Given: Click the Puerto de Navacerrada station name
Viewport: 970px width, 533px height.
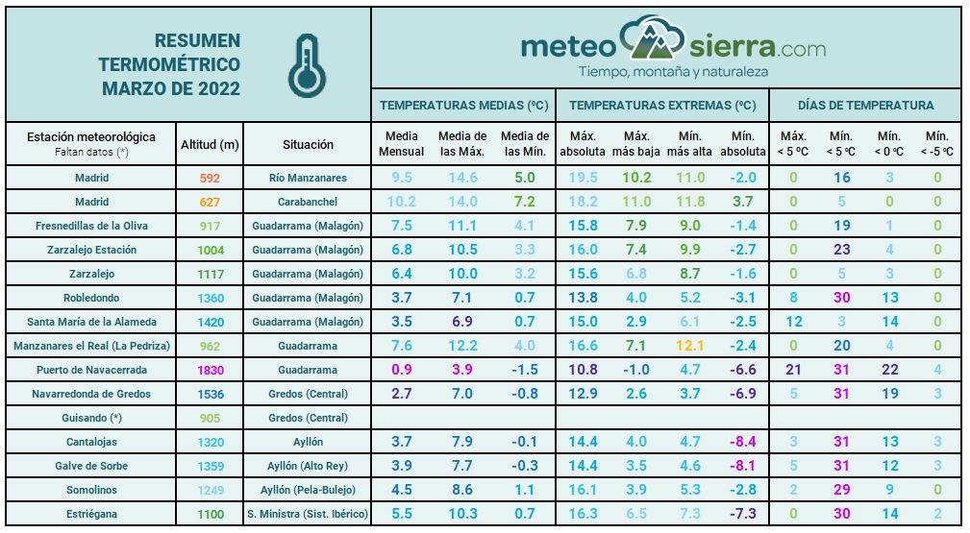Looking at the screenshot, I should point(92,370).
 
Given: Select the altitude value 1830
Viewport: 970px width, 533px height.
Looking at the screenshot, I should point(211,370).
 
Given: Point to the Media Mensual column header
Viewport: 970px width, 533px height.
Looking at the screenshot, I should point(401,144).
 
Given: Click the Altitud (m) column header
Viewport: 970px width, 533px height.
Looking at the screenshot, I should point(211,145).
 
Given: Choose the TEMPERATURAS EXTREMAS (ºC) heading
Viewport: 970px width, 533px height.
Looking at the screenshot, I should point(662,105).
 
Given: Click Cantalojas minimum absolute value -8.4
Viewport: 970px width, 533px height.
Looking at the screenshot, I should point(742,442).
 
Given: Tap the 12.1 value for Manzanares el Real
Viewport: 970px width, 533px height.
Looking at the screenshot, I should point(690,346).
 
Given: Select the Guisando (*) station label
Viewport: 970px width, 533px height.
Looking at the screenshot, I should point(92,418).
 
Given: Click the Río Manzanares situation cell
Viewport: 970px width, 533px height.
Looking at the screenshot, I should point(308,178).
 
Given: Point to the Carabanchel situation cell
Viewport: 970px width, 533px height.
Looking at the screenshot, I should point(308,202).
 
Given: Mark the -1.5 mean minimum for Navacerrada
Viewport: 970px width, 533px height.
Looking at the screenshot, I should point(525,370).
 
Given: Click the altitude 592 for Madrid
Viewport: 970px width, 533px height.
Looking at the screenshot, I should point(211,178).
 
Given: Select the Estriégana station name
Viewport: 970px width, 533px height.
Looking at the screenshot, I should point(92,514).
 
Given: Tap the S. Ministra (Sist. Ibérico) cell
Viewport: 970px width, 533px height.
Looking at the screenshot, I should point(308,514).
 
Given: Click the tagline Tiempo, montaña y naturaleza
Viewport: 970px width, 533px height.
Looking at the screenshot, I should point(673,72).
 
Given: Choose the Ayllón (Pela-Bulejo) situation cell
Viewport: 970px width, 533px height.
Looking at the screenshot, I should point(308,490).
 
